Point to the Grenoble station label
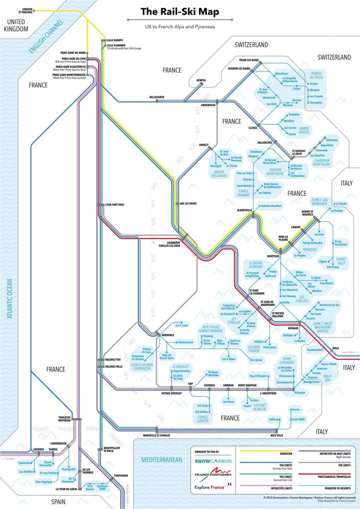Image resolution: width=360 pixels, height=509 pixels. [x=168, y=336]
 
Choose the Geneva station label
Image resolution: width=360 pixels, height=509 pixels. [x=201, y=80]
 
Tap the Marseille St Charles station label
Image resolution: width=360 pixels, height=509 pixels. [x=158, y=435]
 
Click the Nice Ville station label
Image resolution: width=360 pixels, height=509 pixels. [x=276, y=435]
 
